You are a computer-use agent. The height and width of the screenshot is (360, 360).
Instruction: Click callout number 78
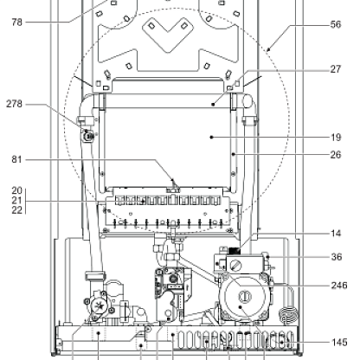[x=16, y=22]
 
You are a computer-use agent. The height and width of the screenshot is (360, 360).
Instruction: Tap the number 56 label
[x=336, y=24]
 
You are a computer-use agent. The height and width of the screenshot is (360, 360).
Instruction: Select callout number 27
[x=336, y=69]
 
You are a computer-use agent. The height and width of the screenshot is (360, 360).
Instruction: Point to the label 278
[x=14, y=104]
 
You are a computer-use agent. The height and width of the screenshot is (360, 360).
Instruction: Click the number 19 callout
[x=336, y=138]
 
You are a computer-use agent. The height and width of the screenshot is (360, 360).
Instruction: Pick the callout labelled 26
[x=336, y=155]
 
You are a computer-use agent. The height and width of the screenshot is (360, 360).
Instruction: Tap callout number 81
[x=16, y=159]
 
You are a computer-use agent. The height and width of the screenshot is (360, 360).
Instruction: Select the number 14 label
[x=336, y=233]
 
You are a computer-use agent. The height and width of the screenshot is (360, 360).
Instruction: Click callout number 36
[x=337, y=257]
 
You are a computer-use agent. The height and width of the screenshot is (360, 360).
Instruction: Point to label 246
[x=339, y=286]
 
